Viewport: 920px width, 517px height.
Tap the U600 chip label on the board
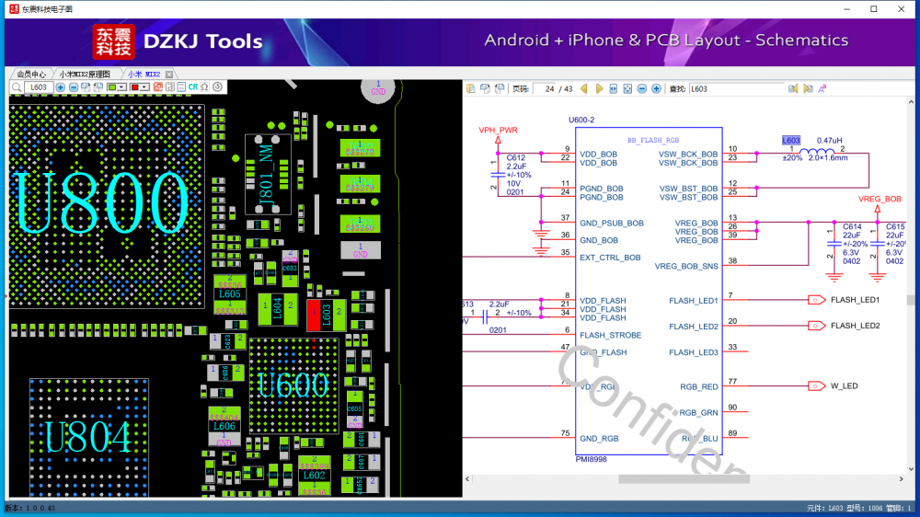293,385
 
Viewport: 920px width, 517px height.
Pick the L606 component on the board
224,426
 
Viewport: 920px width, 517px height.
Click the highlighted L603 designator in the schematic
791,140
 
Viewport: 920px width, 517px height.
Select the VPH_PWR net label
499,131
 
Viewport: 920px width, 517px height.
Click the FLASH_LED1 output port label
855,300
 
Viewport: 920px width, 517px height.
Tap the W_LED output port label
844,386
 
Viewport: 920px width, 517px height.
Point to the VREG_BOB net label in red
880,199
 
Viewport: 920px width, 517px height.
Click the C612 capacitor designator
516,158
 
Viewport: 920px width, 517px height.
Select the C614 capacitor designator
852,225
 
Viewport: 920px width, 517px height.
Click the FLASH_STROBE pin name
611,335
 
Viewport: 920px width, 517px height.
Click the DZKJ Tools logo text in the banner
203,41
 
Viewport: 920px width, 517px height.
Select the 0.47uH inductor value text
829,140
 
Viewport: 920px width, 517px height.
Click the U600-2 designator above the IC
581,121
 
